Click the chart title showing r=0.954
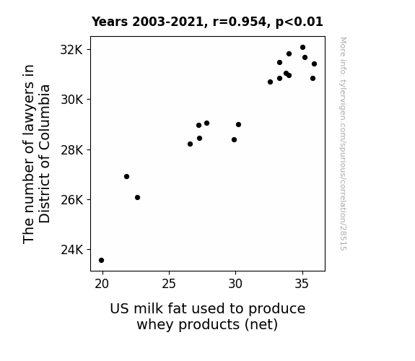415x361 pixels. (x=207, y=22)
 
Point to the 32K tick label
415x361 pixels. (x=71, y=50)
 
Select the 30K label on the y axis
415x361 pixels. (x=71, y=100)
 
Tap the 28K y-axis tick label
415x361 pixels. (x=71, y=150)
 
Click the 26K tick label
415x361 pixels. (x=71, y=200)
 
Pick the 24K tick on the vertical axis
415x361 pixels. (x=71, y=250)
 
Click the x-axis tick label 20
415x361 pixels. (x=102, y=284)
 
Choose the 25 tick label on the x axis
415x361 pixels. (x=169, y=284)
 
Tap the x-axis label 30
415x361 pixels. (x=235, y=284)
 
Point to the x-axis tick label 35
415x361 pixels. (x=302, y=284)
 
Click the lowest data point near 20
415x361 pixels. (x=101, y=261)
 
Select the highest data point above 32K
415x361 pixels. (x=303, y=48)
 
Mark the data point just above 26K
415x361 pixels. (x=137, y=197)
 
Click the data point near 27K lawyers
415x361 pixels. (x=126, y=176)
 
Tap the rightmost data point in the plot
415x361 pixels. (x=314, y=64)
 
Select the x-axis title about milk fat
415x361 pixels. (x=208, y=316)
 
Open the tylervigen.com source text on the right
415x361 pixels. (x=343, y=144)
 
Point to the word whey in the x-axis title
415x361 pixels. (x=156, y=325)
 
